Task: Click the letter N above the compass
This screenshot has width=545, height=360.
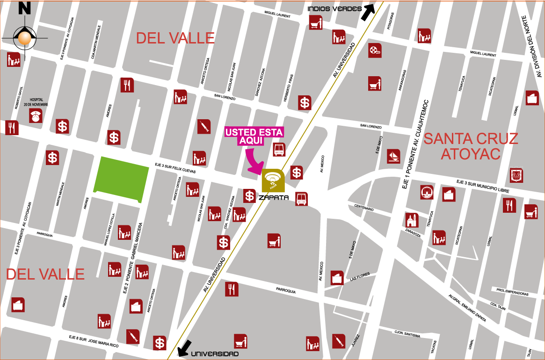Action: [25, 8]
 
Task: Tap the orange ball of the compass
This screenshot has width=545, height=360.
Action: [24, 38]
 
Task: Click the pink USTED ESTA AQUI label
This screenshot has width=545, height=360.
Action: [254, 137]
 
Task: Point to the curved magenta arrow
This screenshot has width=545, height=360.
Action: [254, 162]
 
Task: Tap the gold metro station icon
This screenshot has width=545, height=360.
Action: [273, 180]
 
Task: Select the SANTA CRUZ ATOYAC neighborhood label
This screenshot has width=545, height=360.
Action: [470, 145]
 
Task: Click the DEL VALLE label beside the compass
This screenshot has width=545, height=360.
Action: [175, 38]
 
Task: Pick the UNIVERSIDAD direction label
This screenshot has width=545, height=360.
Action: [215, 354]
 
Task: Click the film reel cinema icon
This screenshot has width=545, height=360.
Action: [375, 50]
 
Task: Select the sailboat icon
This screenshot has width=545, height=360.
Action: [393, 156]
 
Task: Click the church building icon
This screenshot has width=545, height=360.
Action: [412, 220]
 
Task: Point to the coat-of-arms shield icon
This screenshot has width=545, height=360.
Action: [516, 175]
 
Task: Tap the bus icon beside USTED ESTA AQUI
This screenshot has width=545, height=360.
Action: [279, 150]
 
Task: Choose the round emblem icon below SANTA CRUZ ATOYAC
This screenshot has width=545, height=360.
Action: [426, 192]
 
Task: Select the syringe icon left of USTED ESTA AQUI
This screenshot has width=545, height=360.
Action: [203, 127]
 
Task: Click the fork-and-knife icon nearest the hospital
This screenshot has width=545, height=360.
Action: [12, 128]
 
